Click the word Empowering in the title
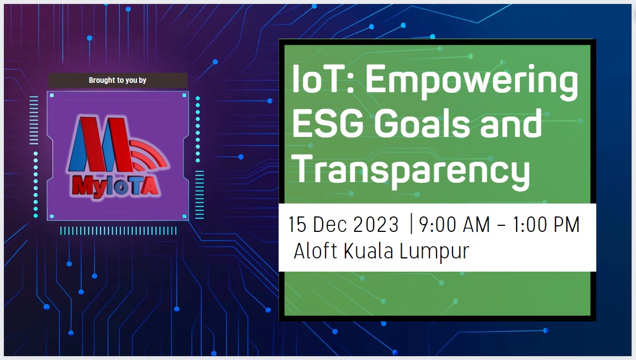tap(471, 82)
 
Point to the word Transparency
tap(411, 172)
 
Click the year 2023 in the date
tap(376, 225)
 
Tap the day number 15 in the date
tap(297, 225)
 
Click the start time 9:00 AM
tap(454, 225)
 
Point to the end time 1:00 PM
tap(546, 225)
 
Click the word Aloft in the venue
tap(315, 251)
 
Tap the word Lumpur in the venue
tap(434, 252)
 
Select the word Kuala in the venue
tap(369, 251)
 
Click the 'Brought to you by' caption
tap(118, 80)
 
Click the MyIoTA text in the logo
tap(115, 187)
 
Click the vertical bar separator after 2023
tap(411, 224)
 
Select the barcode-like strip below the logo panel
tap(118, 231)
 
